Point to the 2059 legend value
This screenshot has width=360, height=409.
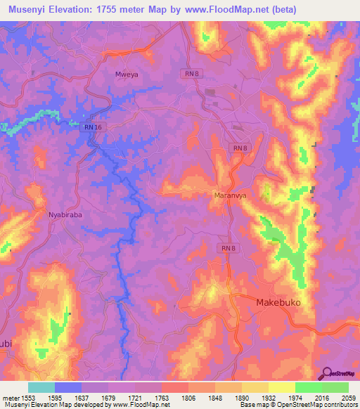point(349,398)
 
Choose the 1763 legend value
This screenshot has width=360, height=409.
point(162,398)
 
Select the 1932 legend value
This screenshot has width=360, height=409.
point(269,398)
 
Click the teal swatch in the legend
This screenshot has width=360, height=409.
point(41,387)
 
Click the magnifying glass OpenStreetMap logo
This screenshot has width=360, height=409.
point(327,373)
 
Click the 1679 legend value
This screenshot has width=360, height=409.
point(108,398)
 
